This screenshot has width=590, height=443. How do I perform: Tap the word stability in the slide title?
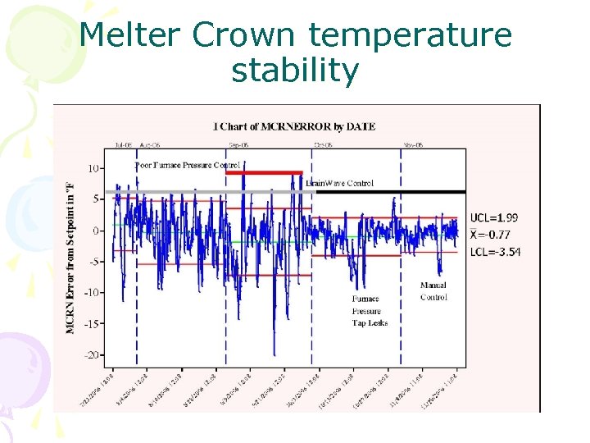[x=295, y=71]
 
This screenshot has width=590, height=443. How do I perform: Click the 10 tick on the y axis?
[x=93, y=168]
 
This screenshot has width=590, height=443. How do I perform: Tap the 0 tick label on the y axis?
[x=96, y=231]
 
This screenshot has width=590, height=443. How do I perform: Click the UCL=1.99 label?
[x=493, y=218]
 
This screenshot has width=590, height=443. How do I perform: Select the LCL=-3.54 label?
[x=495, y=251]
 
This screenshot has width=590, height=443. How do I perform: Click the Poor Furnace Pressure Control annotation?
[x=187, y=165]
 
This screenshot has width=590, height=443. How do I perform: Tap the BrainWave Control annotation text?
[x=339, y=183]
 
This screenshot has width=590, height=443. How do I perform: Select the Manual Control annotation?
[x=433, y=291]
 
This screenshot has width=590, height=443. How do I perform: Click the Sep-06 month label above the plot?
[x=239, y=144]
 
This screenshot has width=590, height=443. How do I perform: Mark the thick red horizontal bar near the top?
[x=263, y=172]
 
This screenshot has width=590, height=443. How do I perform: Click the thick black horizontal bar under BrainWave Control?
[x=385, y=191]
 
